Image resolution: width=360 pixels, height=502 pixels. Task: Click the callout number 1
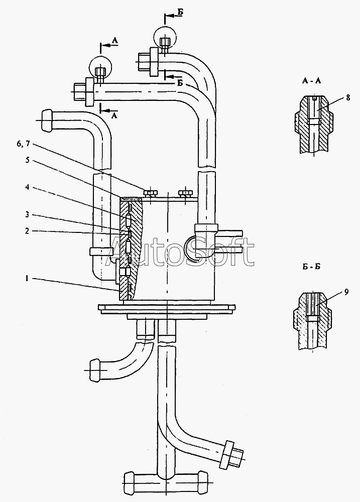coord(28,279)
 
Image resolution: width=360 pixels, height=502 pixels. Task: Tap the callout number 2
coord(27,231)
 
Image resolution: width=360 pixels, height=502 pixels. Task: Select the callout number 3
coord(27,214)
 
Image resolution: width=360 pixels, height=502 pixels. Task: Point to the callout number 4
coord(27,187)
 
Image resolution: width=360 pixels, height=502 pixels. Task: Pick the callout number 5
coord(27,160)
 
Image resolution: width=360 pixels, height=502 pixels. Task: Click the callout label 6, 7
coord(24,144)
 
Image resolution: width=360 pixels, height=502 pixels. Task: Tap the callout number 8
coord(348,97)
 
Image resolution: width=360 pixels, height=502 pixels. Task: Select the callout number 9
coord(346,292)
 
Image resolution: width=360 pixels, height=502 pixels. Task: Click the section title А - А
coord(311,81)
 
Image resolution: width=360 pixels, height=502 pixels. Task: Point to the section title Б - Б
coord(311,267)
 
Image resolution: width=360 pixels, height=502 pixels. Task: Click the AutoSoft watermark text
coord(181,251)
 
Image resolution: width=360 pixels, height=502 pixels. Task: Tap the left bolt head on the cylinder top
coord(150,193)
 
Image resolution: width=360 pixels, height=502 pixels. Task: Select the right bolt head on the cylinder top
coord(186,193)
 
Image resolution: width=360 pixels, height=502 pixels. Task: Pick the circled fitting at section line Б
coord(165,37)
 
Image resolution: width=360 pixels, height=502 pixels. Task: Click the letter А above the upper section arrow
coord(115,40)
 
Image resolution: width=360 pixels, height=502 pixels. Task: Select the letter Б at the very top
coord(181,12)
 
